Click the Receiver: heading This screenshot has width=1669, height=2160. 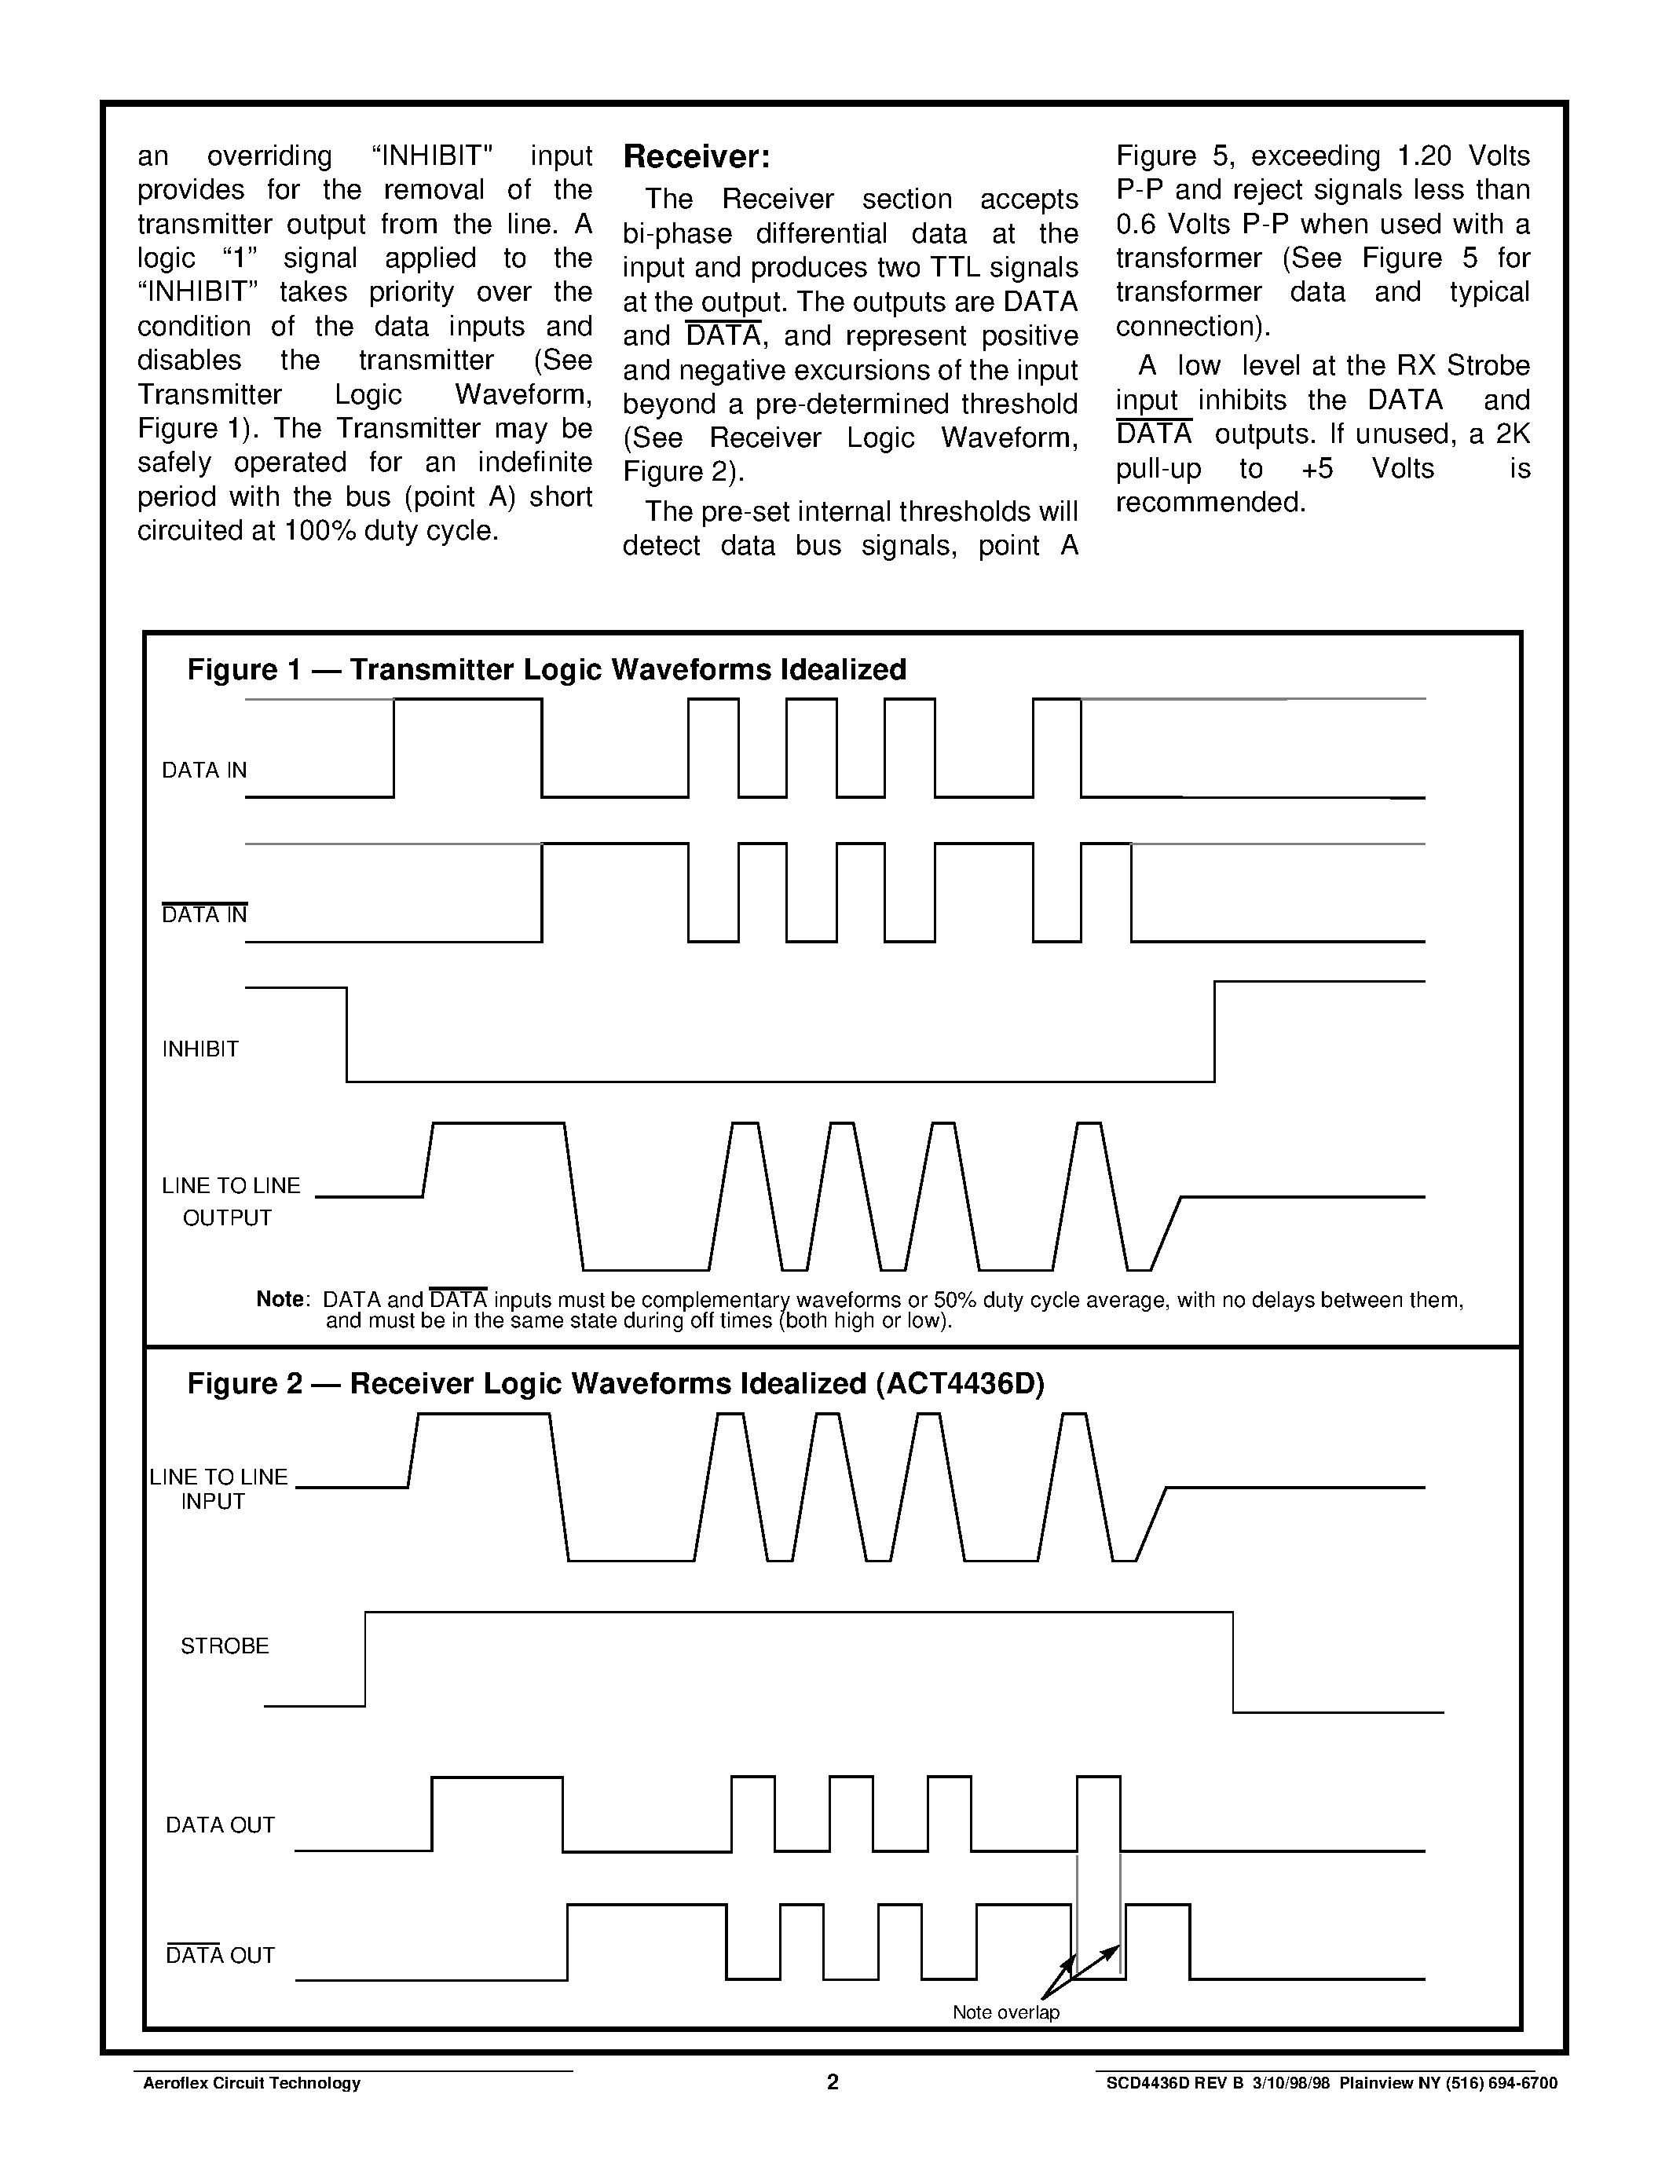coord(696,157)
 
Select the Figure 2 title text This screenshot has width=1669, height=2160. coord(615,1384)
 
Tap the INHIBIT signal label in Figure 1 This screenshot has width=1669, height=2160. coord(201,1049)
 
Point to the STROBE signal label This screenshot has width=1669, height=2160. coord(225,1646)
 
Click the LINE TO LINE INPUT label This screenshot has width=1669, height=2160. coord(218,1488)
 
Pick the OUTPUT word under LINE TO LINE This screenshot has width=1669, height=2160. coord(228,1218)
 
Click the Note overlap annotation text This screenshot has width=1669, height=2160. coord(1005,2012)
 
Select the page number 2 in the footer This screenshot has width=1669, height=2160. coord(833,2083)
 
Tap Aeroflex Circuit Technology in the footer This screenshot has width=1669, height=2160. coord(252,2084)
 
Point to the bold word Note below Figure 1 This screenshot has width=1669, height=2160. coord(281,1298)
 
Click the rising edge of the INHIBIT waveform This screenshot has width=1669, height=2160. coord(1214,1031)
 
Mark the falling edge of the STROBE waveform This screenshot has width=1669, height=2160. coord(1233,1661)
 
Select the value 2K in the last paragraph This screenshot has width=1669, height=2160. coord(1512,434)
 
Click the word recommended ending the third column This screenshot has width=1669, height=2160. coord(1210,503)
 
